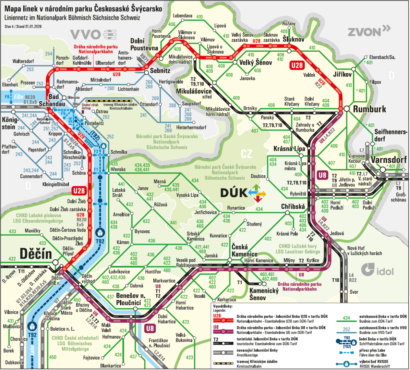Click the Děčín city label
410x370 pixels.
click(x=36, y=254)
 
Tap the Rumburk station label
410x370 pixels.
click(x=370, y=109)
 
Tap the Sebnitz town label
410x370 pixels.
click(x=160, y=71)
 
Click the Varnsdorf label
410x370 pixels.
click(x=388, y=160)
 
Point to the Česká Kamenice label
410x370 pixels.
click(x=244, y=250)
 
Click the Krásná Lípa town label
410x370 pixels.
click(x=289, y=149)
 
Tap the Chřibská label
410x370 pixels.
click(x=293, y=206)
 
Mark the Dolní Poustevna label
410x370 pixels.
click(x=144, y=45)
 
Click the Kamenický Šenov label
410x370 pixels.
click(x=264, y=294)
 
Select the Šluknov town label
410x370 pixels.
click(x=293, y=39)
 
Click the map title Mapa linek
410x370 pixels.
click(x=83, y=9)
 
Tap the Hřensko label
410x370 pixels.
click(x=118, y=169)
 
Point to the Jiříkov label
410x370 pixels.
click(x=342, y=74)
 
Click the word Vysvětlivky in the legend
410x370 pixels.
click(x=223, y=306)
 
